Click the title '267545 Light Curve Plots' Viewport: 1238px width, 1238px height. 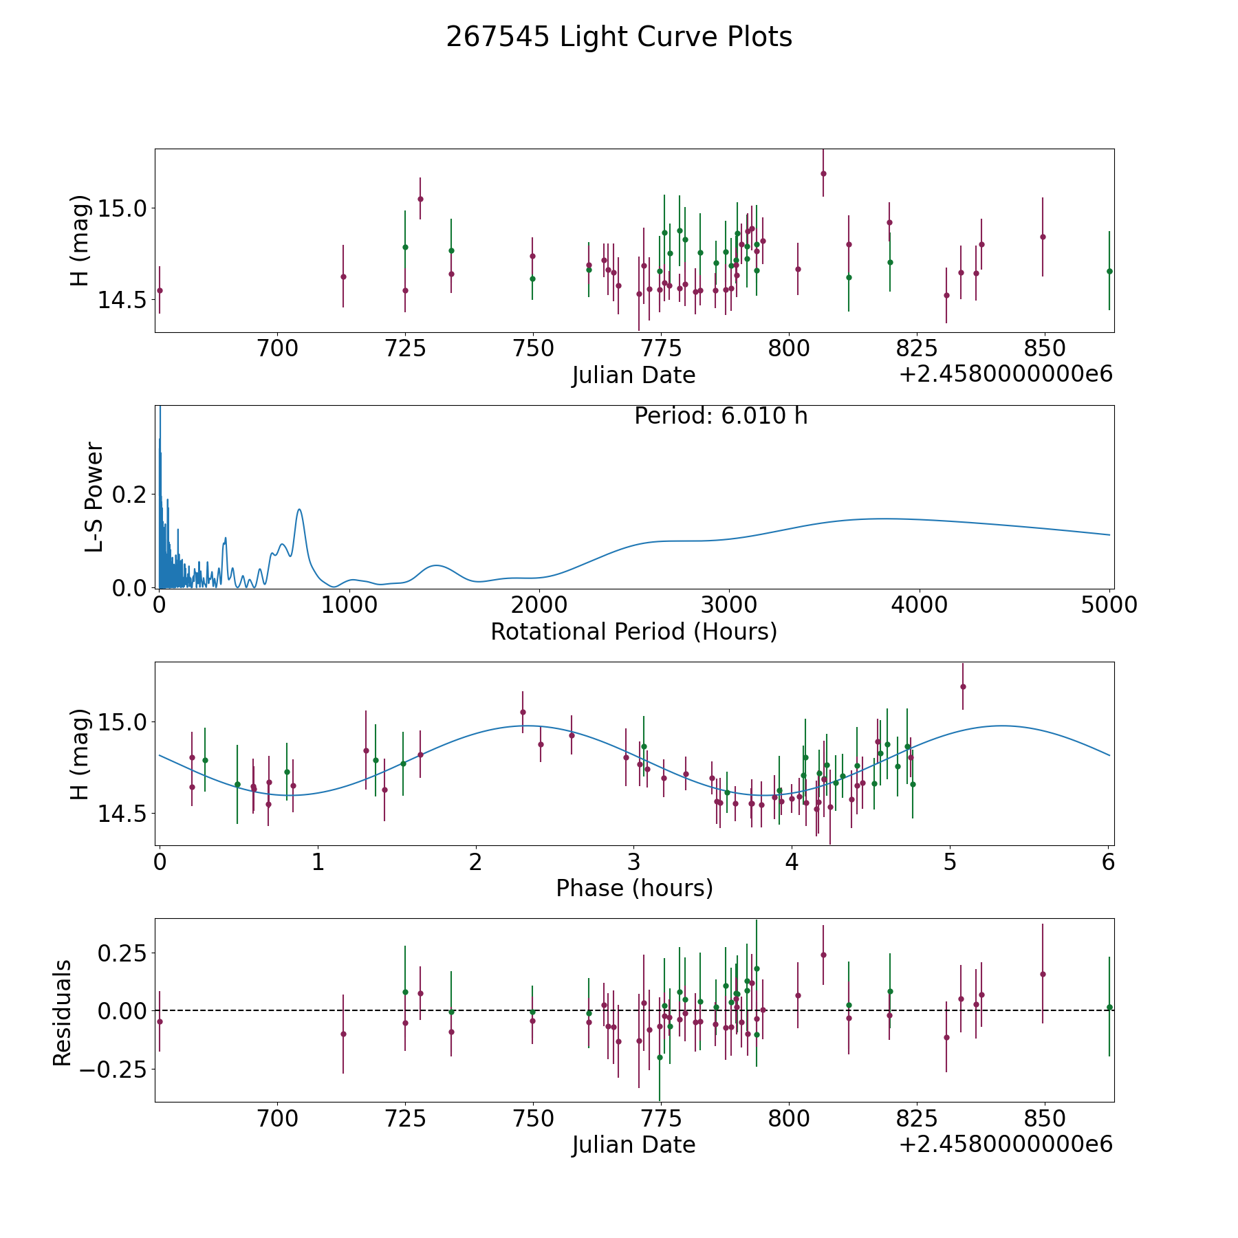[619, 37]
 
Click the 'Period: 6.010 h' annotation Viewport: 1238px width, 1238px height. [721, 416]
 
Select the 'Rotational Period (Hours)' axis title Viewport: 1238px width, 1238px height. [633, 631]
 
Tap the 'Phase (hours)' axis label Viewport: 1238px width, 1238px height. [634, 888]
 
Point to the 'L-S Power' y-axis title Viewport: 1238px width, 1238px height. [94, 497]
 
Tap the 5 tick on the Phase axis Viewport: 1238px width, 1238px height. [950, 862]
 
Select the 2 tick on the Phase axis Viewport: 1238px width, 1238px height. [475, 862]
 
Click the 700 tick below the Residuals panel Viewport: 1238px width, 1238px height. [277, 1119]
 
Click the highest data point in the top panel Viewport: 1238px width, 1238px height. [823, 173]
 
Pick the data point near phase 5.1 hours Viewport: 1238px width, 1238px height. [963, 686]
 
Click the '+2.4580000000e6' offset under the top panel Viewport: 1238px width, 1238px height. [1006, 374]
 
